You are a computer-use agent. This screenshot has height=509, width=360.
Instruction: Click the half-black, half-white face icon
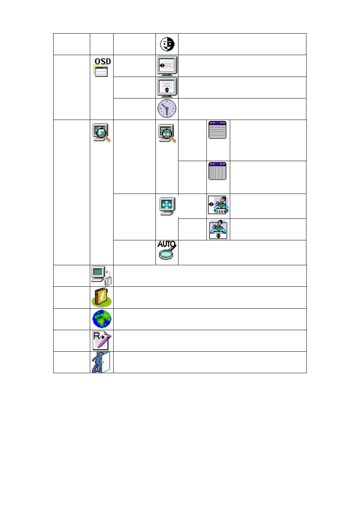pyautogui.click(x=167, y=44)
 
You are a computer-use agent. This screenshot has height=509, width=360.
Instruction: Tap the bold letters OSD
pyautogui.click(x=103, y=62)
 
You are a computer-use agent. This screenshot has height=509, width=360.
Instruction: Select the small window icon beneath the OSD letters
pyautogui.click(x=100, y=71)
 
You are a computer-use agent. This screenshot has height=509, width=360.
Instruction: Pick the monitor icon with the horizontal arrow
pyautogui.click(x=167, y=66)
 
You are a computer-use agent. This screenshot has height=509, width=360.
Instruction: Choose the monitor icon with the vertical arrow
pyautogui.click(x=167, y=88)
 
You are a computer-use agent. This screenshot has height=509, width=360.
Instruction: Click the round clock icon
pyautogui.click(x=167, y=109)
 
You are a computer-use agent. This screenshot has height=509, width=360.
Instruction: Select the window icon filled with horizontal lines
pyautogui.click(x=217, y=130)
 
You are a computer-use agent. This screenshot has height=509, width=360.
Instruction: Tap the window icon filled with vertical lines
pyautogui.click(x=217, y=171)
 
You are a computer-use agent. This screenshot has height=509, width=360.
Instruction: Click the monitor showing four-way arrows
pyautogui.click(x=168, y=206)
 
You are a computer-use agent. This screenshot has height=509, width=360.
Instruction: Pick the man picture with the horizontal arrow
pyautogui.click(x=218, y=205)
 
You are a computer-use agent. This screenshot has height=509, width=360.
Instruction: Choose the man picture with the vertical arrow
pyautogui.click(x=218, y=229)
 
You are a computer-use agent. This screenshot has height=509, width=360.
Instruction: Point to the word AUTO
pyautogui.click(x=166, y=244)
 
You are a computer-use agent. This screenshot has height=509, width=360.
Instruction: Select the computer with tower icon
pyautogui.click(x=102, y=276)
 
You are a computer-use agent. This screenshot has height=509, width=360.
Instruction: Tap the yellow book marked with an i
pyautogui.click(x=102, y=297)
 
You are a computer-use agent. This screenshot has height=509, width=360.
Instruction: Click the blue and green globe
pyautogui.click(x=102, y=319)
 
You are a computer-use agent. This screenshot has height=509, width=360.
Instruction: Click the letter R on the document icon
pyautogui.click(x=97, y=335)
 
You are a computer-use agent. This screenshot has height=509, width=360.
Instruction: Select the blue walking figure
pyautogui.click(x=97, y=362)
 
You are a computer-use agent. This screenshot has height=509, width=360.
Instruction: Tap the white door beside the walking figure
pyautogui.click(x=106, y=362)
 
